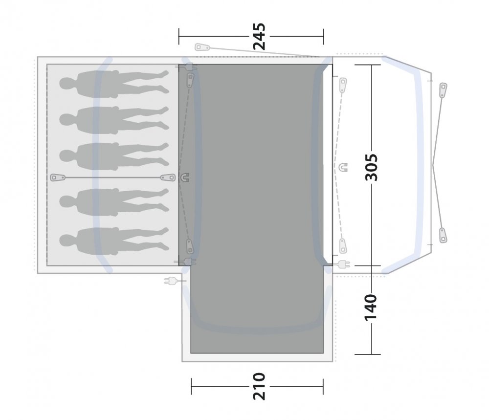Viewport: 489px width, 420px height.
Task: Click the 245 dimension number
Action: coord(259,37)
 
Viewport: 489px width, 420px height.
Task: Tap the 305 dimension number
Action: coord(372,167)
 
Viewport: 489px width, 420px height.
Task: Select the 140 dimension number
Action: coord(371,307)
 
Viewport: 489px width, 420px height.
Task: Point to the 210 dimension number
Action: coord(259,386)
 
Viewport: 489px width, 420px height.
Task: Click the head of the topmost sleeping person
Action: coord(66,84)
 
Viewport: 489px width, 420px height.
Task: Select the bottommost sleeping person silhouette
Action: coord(114,241)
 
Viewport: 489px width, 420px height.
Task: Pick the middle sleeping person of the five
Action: coord(114,156)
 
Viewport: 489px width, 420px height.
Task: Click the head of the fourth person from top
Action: coord(66,201)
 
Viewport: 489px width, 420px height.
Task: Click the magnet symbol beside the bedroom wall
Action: coord(185,177)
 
